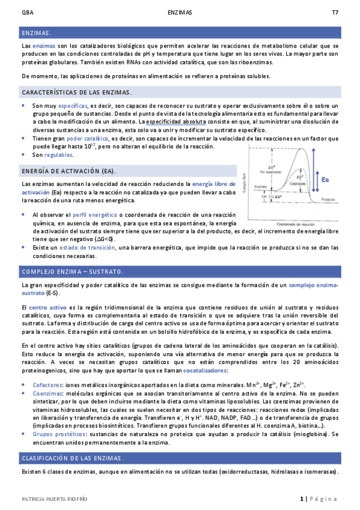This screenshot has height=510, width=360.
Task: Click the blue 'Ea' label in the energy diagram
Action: (x=325, y=180)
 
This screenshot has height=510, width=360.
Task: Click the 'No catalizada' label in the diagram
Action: (x=270, y=171)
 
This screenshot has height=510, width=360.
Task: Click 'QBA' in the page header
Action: (x=26, y=13)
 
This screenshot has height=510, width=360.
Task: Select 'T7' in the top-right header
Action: (x=335, y=13)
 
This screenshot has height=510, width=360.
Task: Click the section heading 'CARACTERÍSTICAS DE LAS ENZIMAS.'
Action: (x=76, y=92)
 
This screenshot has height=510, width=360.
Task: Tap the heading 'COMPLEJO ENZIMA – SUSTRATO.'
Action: (x=72, y=271)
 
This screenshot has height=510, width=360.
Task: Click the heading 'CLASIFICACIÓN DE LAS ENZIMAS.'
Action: (x=72, y=458)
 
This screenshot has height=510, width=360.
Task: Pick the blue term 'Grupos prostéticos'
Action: (x=58, y=433)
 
